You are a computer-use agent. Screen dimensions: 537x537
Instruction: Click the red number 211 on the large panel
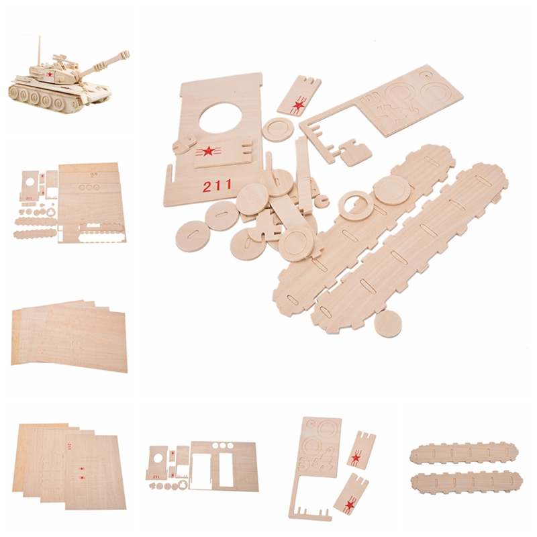(217, 186)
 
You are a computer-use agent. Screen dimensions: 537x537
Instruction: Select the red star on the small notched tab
(299, 105)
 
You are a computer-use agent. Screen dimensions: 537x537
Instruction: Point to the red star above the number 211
(208, 150)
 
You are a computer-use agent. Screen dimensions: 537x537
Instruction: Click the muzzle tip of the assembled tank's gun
(127, 54)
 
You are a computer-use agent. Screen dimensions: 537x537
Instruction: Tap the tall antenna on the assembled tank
(40, 51)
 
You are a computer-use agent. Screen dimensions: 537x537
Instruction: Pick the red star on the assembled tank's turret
(50, 75)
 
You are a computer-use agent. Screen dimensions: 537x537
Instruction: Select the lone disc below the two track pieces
(388, 323)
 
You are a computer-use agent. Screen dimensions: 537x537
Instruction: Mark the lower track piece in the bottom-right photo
(467, 482)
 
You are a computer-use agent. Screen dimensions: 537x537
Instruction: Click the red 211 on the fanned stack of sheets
(70, 446)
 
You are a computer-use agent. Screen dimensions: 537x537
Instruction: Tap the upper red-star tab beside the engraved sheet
(361, 450)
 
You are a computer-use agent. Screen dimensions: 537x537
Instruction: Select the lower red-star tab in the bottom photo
(351, 494)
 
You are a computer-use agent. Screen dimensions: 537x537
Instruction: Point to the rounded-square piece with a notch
(356, 153)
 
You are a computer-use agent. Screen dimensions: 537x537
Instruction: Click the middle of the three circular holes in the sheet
(223, 446)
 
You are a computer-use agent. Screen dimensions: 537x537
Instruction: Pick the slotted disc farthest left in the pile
(193, 236)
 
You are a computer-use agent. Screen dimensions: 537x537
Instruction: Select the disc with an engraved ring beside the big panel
(279, 130)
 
